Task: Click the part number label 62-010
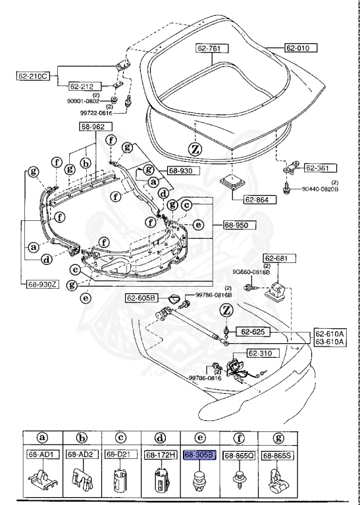click(301, 48)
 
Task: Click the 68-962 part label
click(93, 126)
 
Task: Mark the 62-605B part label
click(141, 299)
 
